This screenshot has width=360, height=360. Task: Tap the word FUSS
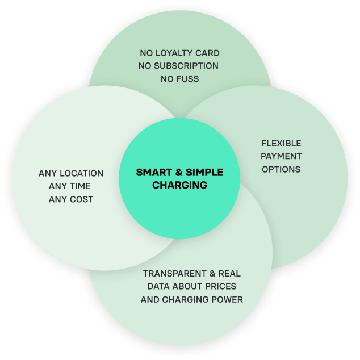pyautogui.click(x=188, y=79)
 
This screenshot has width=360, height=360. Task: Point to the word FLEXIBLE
pyautogui.click(x=281, y=144)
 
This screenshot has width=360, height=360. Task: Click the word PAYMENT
pyautogui.click(x=281, y=156)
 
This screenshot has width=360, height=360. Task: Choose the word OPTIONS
pyautogui.click(x=281, y=169)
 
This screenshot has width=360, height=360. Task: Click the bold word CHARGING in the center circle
pyautogui.click(x=179, y=185)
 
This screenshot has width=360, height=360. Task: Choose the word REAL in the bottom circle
pyautogui.click(x=230, y=274)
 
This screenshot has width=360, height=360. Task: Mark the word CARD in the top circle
pyautogui.click(x=208, y=53)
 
